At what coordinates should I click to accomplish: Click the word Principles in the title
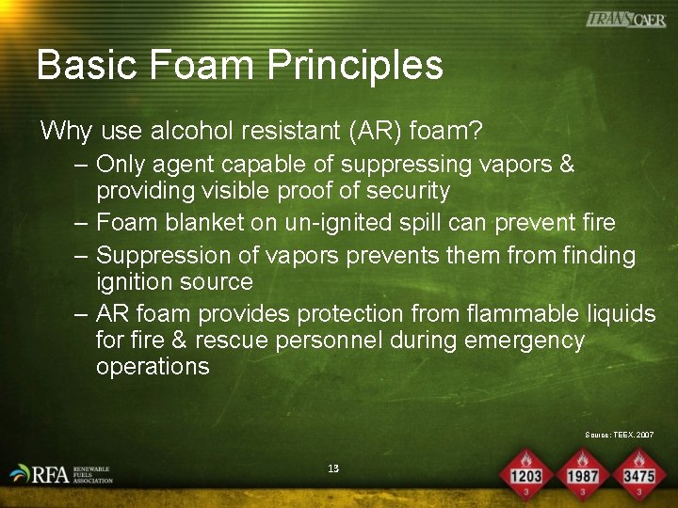coord(355,66)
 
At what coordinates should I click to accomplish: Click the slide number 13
coord(333,468)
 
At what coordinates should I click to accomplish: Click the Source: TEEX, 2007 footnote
coord(619,435)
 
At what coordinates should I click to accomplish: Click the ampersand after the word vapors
coord(566,164)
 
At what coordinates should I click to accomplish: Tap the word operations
coord(153,367)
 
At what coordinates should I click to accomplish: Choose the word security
coord(404,191)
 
